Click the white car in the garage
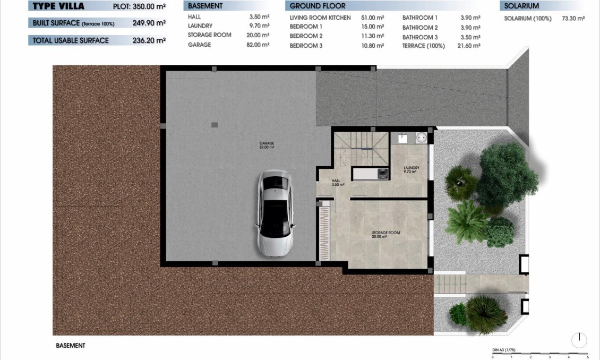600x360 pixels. click(275, 213)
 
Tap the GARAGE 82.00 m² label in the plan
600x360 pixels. click(267, 145)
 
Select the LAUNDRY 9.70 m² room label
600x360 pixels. click(411, 170)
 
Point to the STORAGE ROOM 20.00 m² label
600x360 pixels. click(386, 235)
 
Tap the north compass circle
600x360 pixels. click(579, 340)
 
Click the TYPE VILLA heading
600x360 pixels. click(58, 7)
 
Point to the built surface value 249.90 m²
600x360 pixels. click(149, 23)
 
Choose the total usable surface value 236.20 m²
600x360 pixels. click(149, 40)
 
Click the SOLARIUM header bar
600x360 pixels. click(542, 6)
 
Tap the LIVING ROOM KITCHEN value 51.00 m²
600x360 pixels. click(372, 18)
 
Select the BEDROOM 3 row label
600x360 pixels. click(306, 46)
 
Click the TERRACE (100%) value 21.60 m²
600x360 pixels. click(470, 46)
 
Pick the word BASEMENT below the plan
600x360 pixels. click(70, 345)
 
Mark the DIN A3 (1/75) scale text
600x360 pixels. click(504, 350)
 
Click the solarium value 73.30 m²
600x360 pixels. click(573, 18)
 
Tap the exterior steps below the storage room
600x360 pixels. click(449, 284)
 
